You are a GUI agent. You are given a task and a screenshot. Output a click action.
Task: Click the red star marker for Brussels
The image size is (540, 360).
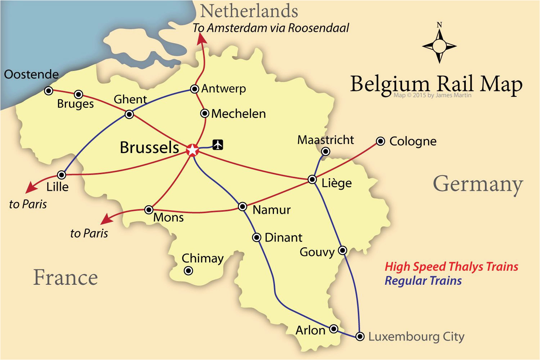[x=193, y=150]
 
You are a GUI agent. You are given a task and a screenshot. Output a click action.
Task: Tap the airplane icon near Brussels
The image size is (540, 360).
[x=218, y=145]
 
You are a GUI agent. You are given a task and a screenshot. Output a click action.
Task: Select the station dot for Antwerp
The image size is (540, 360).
[x=194, y=89]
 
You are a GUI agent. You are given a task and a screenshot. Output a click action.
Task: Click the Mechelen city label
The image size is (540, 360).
[x=238, y=114]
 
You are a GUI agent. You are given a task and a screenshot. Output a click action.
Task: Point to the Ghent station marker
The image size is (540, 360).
[x=129, y=114]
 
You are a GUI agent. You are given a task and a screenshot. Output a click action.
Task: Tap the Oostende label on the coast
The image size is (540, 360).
[x=31, y=75]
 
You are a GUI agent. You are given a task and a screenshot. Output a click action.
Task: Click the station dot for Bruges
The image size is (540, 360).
[x=78, y=95]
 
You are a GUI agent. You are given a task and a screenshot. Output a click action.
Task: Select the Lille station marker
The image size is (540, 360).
[x=62, y=175]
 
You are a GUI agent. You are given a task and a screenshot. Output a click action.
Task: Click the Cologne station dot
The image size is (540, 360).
[x=381, y=141]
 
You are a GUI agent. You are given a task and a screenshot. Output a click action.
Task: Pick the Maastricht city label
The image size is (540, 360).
[x=325, y=140]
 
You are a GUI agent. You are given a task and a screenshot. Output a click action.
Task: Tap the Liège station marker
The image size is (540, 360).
[x=312, y=179]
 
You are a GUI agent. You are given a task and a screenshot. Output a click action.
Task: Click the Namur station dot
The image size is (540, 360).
[x=243, y=207]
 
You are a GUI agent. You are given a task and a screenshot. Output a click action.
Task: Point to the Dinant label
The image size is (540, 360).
[x=283, y=238]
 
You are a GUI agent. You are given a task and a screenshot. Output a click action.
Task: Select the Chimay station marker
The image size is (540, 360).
[x=188, y=271]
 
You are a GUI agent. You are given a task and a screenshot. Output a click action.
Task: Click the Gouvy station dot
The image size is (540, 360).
[x=343, y=250]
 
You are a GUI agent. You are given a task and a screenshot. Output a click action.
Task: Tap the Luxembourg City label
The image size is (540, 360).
[x=416, y=337]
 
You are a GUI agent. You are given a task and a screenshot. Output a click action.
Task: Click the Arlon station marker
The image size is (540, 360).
[x=334, y=329]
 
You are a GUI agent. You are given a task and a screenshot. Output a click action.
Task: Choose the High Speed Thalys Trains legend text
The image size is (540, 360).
[x=451, y=267]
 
